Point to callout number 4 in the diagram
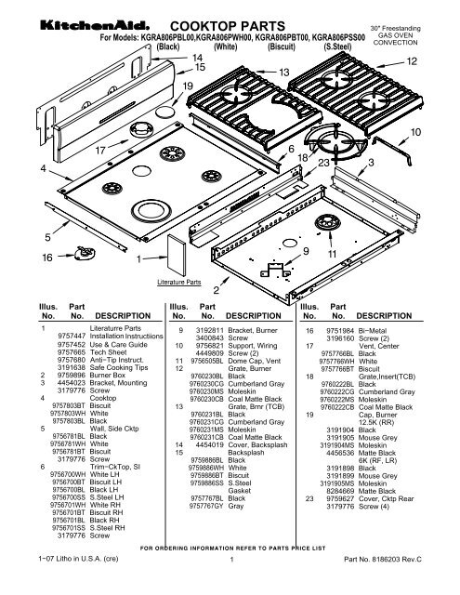click(17, 167)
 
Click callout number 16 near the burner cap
click(19, 264)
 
